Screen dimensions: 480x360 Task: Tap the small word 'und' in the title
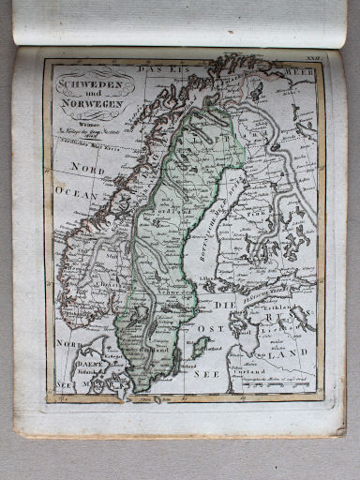click(87, 94)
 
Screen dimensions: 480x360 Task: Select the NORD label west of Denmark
click(67, 345)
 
